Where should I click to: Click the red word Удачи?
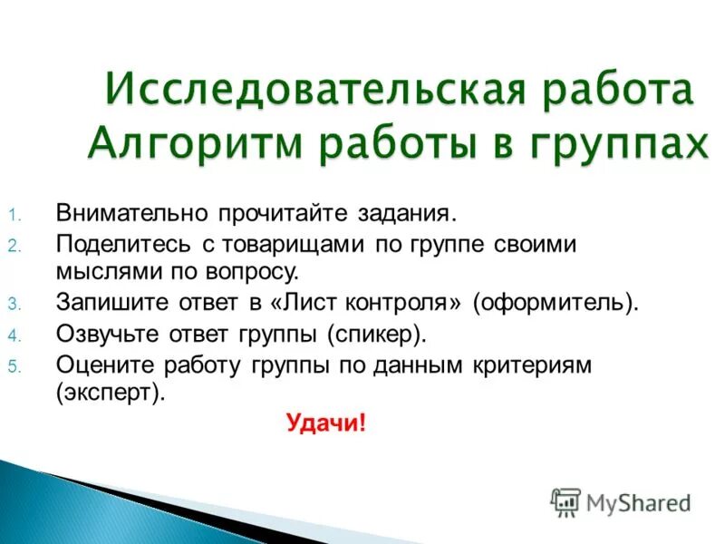click(x=325, y=423)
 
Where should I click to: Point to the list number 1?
click(x=14, y=217)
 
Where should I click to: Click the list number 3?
click(x=14, y=303)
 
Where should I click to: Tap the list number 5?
click(x=14, y=365)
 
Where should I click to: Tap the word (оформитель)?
click(x=554, y=301)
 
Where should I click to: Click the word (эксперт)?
click(x=110, y=393)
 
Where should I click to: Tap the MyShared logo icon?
click(x=565, y=501)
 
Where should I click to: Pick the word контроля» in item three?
click(x=401, y=301)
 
